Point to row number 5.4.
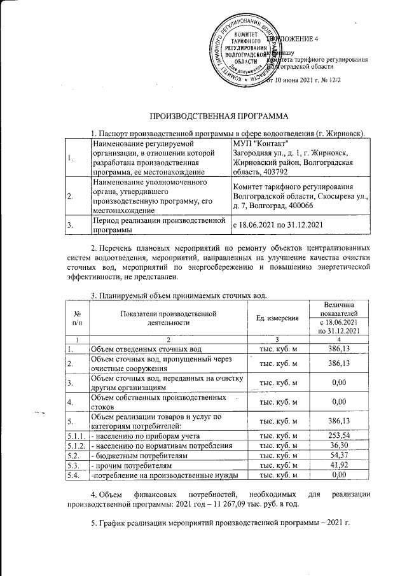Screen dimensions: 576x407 (x=76, y=475)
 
